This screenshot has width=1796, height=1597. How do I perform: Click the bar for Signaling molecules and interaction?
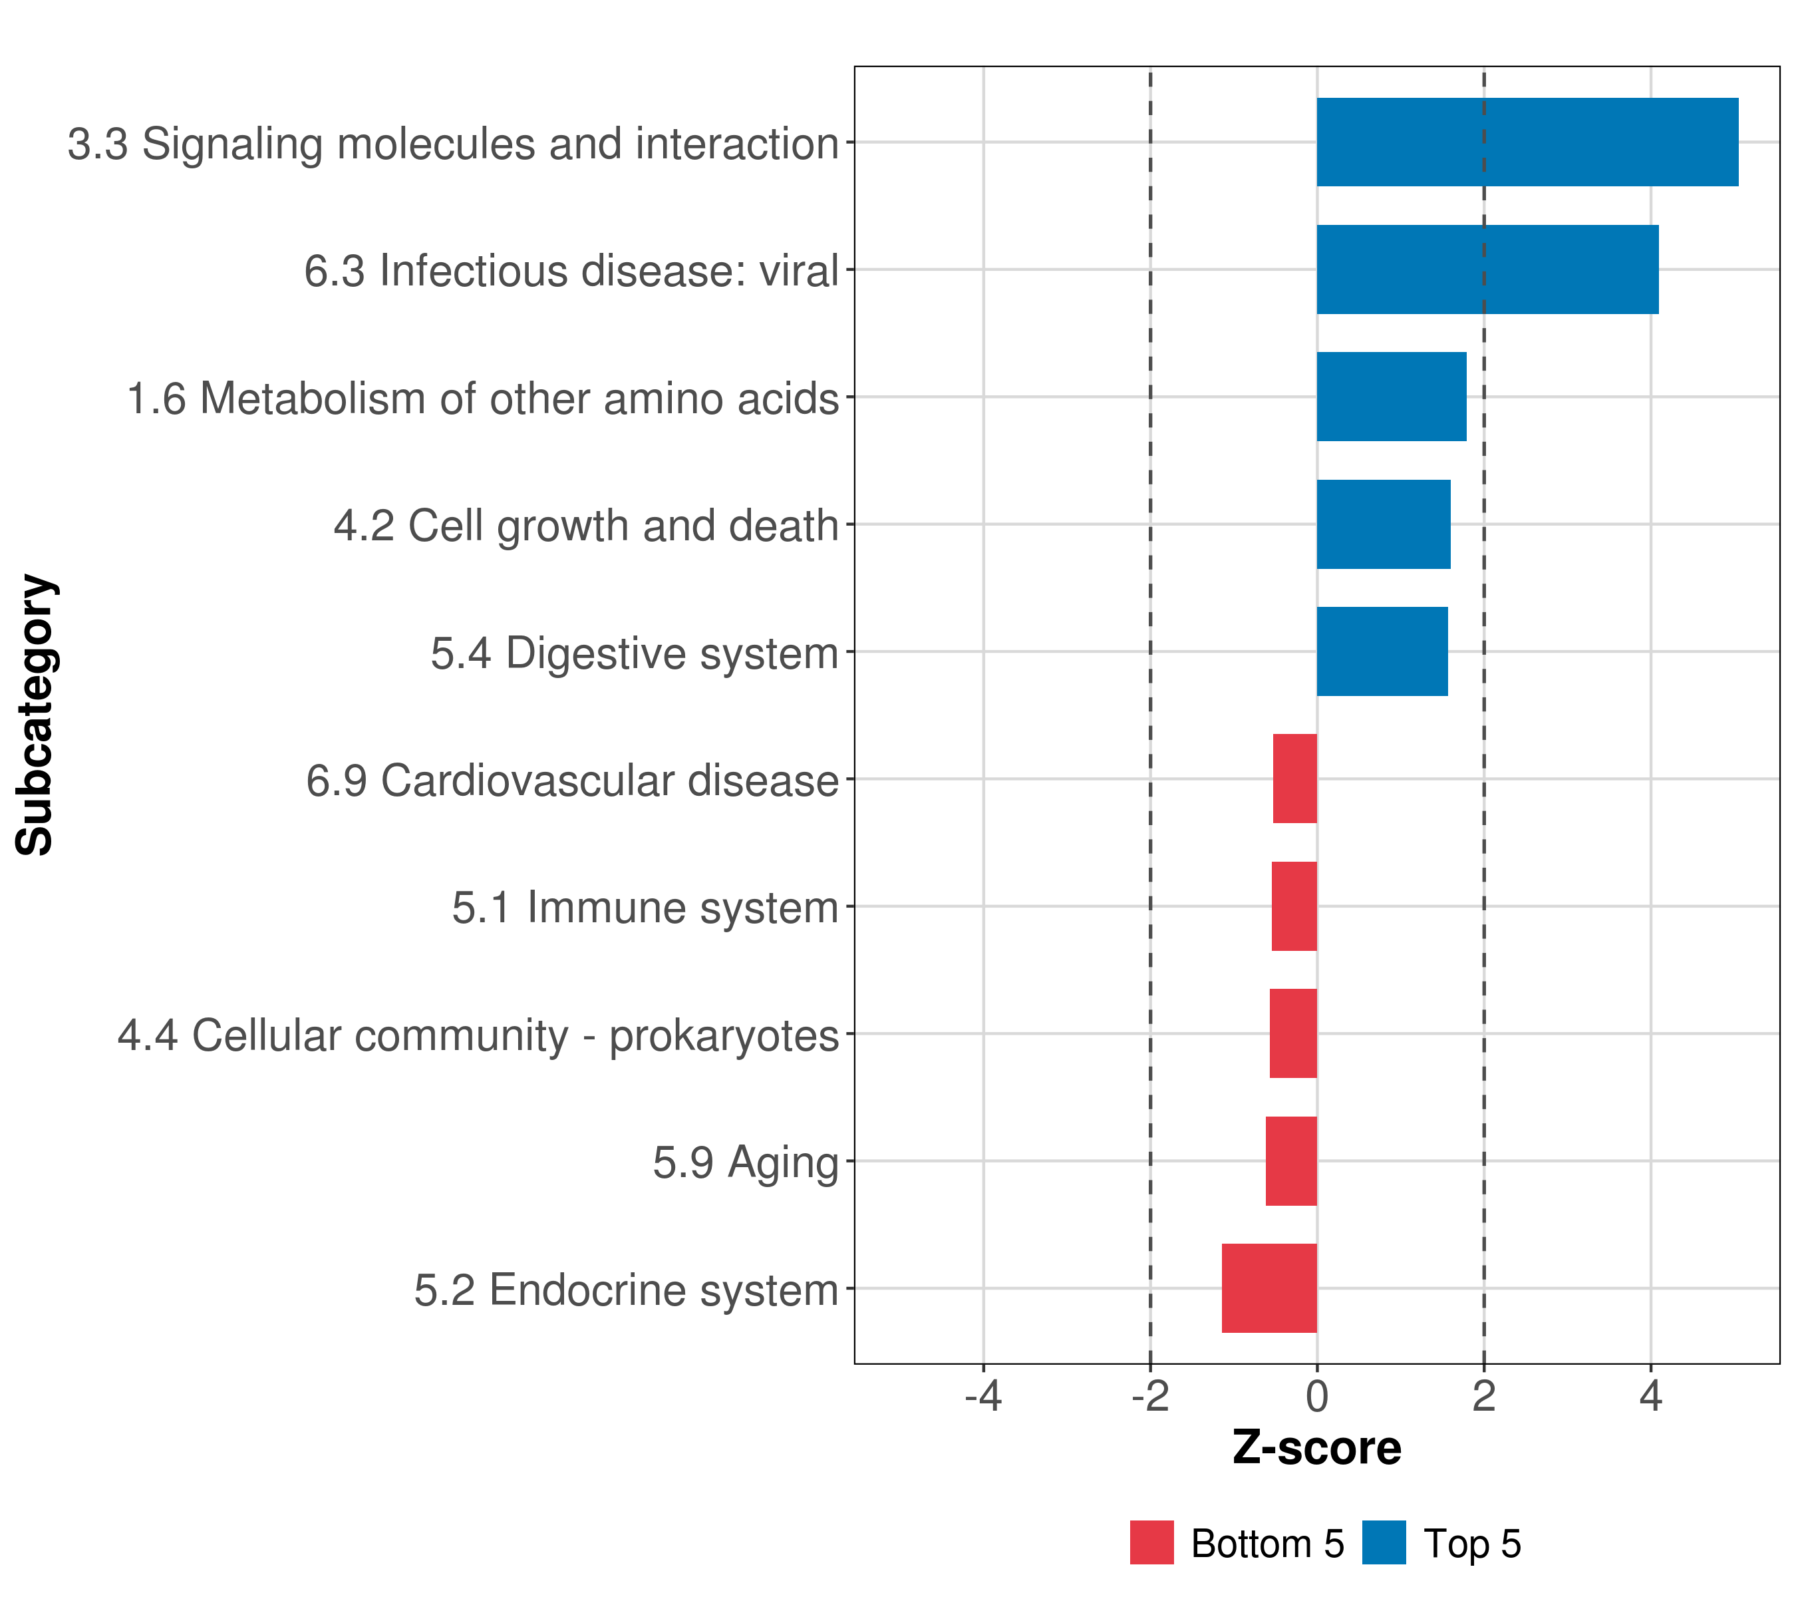coord(1527,142)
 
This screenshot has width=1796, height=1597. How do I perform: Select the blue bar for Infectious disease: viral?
coord(1487,270)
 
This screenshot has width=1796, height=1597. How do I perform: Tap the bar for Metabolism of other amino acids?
coord(1391,397)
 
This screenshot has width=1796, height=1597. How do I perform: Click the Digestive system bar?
coord(1382,651)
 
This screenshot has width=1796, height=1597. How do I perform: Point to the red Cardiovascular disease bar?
coord(1295,779)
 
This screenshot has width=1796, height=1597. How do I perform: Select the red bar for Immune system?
coord(1294,906)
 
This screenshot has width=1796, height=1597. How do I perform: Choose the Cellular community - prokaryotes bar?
coord(1293,1033)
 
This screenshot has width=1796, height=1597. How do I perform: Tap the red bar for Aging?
coord(1292,1161)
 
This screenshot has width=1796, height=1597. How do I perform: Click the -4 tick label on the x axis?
coord(983,1397)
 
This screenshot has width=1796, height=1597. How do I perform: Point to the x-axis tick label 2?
coord(1484,1397)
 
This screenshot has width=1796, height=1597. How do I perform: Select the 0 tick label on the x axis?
coord(1317,1397)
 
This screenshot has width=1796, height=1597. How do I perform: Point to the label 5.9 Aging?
coord(745,1162)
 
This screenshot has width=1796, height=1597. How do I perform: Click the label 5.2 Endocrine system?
coord(626,1290)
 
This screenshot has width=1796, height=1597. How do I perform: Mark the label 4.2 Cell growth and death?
coord(586,526)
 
